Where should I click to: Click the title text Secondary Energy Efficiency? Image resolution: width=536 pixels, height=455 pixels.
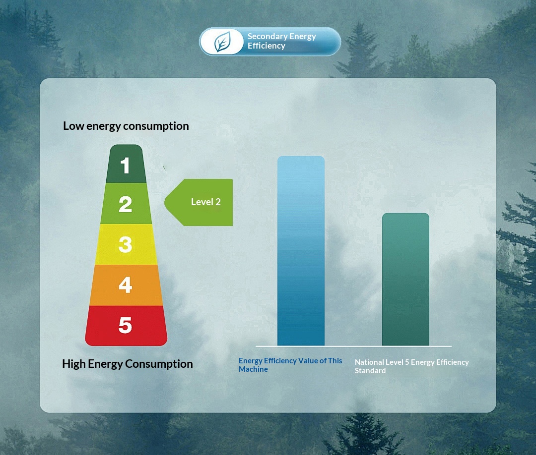click(x=282, y=41)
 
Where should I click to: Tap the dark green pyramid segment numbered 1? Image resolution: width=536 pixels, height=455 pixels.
click(x=126, y=164)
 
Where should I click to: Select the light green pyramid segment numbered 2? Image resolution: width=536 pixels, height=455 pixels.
click(x=126, y=203)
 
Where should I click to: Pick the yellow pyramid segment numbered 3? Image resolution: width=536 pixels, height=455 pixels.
click(x=126, y=244)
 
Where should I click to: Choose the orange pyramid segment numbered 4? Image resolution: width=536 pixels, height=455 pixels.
click(x=126, y=285)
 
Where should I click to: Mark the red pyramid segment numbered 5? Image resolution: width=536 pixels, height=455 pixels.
click(x=126, y=326)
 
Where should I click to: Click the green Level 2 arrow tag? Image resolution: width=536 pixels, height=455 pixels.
click(x=199, y=202)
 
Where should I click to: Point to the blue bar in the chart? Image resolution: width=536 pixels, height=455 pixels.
click(x=301, y=251)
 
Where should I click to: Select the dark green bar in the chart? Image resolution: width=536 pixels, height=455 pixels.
click(x=405, y=280)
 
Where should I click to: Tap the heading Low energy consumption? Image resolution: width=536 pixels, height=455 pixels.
click(x=126, y=126)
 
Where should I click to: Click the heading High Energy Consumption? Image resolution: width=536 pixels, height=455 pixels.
click(x=128, y=364)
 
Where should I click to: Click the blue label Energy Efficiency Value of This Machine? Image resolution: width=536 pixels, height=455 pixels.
click(x=290, y=365)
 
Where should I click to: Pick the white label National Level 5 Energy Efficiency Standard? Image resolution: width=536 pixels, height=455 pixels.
click(x=411, y=366)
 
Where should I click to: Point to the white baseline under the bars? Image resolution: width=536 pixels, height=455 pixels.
click(x=353, y=346)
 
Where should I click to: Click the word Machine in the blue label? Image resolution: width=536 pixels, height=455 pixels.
click(x=253, y=369)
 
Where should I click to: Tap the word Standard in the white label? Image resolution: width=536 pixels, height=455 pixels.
click(x=370, y=371)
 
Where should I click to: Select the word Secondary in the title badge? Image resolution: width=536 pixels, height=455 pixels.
click(x=268, y=36)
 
